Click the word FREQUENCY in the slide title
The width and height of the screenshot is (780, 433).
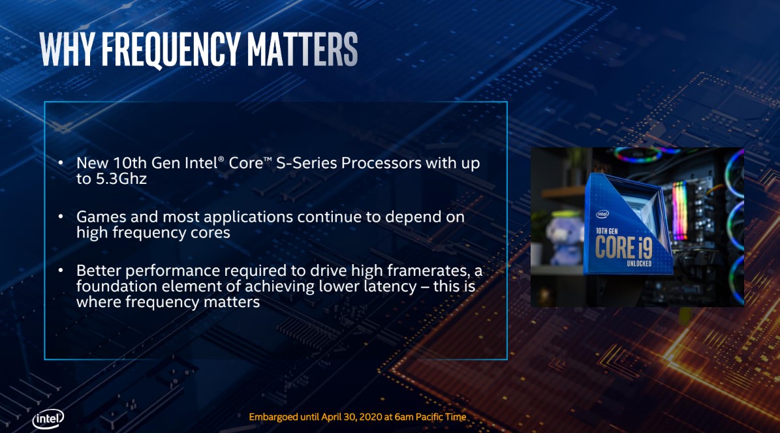[171, 49]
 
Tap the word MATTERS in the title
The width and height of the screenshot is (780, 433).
[302, 49]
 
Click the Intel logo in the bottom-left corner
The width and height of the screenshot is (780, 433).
[48, 419]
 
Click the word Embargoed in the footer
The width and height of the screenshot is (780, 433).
[273, 417]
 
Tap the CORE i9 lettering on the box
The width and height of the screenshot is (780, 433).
[624, 247]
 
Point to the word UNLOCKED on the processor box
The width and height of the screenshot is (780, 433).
[639, 263]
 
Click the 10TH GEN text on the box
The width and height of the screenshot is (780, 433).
[606, 231]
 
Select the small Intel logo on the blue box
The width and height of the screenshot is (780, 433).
[602, 215]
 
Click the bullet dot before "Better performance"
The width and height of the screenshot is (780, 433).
[61, 271]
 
